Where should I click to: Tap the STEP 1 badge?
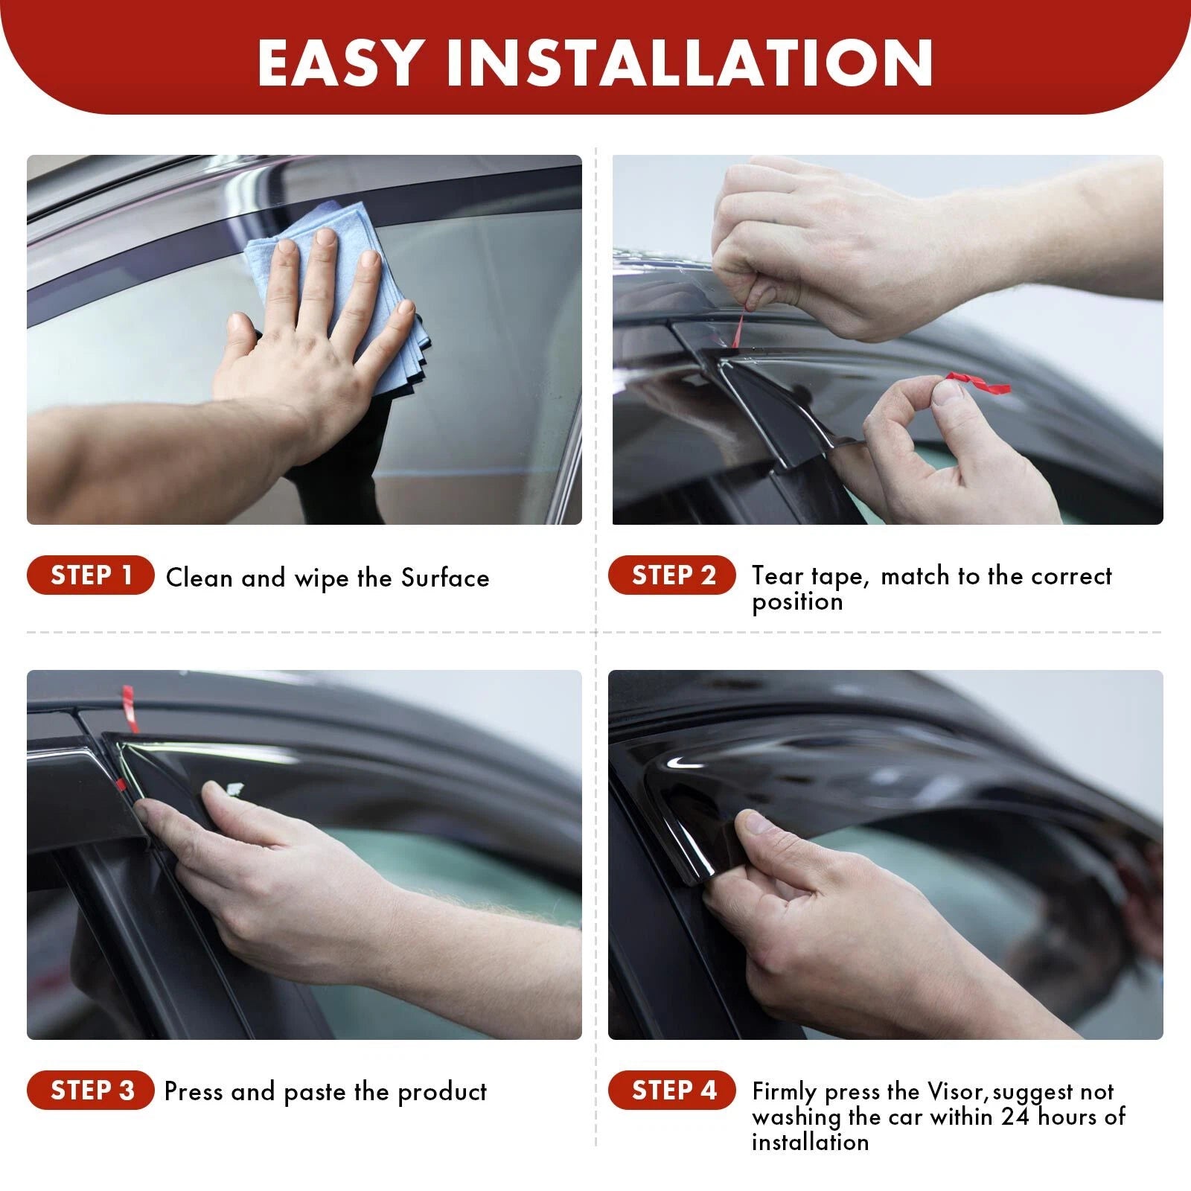(x=91, y=575)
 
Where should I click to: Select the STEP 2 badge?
(x=672, y=575)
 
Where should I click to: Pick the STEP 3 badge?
(x=91, y=1091)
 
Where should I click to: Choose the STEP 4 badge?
(x=672, y=1091)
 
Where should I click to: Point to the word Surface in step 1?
(x=445, y=578)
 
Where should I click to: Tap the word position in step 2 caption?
(x=797, y=601)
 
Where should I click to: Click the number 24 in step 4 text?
(x=1016, y=1117)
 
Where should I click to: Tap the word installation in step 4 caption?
(x=810, y=1142)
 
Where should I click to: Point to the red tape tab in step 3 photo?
(x=130, y=708)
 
